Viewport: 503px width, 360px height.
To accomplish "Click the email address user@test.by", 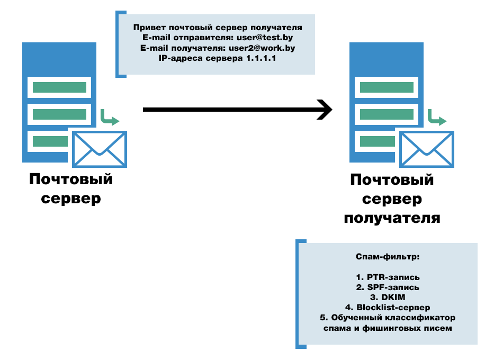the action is click(x=265, y=38).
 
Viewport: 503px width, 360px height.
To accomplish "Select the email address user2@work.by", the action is click(x=262, y=48).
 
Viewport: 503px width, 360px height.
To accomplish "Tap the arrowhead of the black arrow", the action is click(x=325, y=110).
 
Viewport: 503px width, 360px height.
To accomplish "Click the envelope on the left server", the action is click(x=100, y=149).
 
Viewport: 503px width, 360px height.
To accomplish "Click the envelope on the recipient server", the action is click(x=427, y=149).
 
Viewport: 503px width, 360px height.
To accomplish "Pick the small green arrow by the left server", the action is click(x=110, y=118).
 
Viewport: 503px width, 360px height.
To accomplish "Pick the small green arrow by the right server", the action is click(x=437, y=118).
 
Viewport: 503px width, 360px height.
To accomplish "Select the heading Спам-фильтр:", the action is click(x=388, y=257).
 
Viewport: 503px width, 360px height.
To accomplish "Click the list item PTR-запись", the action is click(x=388, y=277).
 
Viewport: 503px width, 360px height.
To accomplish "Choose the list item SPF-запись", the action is click(x=388, y=287).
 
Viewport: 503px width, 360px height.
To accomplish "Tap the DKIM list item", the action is click(x=388, y=297).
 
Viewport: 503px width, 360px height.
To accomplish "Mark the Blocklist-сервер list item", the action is click(x=388, y=308).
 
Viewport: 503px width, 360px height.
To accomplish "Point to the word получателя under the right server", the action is click(x=392, y=218).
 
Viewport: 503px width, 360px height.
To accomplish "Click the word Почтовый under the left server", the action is click(x=71, y=179).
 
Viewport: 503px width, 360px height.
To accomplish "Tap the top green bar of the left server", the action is click(x=59, y=87).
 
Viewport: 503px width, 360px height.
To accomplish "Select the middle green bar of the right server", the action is click(x=387, y=114).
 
